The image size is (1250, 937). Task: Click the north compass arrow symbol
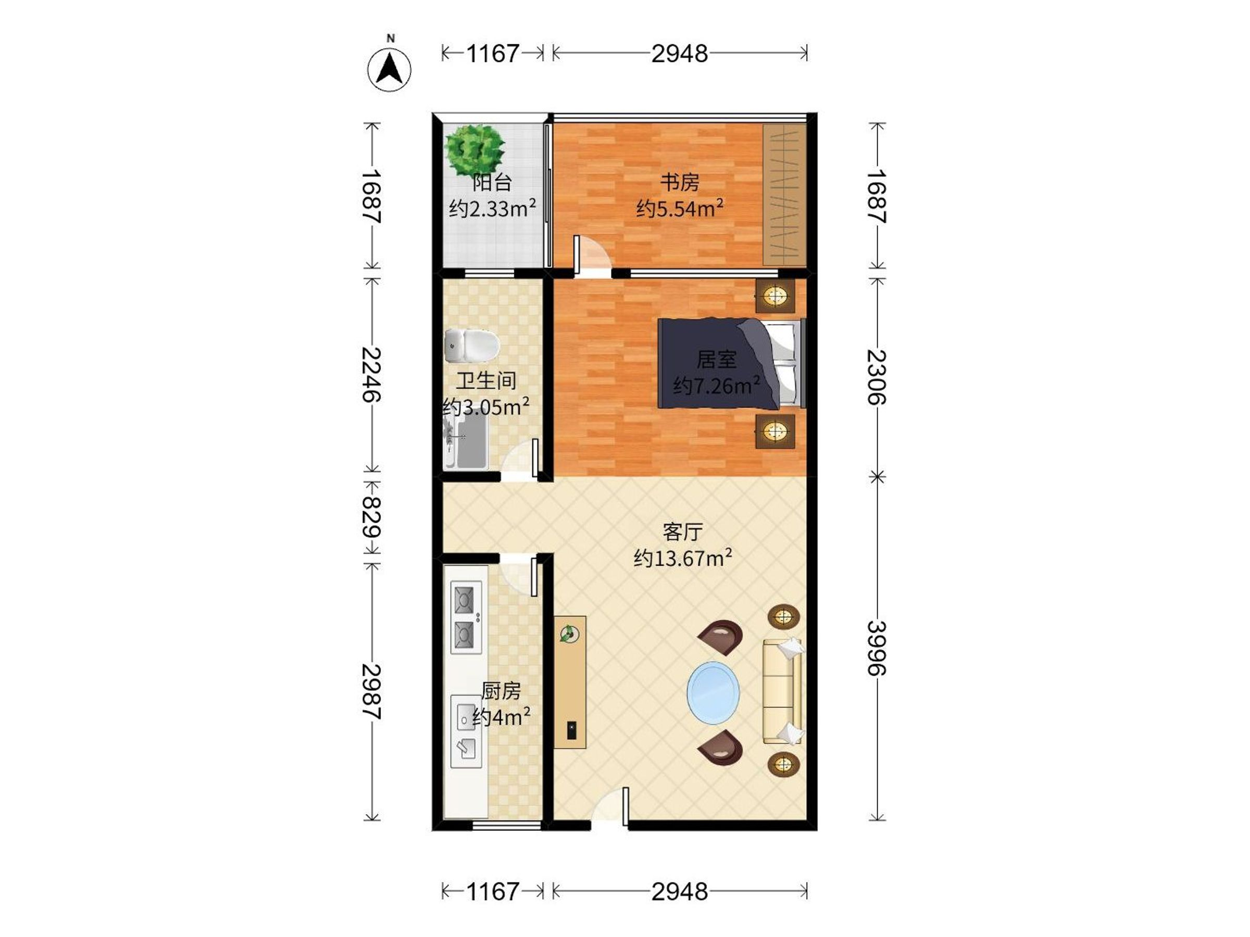click(x=390, y=69)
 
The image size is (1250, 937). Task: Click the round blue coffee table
click(x=713, y=693)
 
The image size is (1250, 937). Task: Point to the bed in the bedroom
click(x=731, y=363)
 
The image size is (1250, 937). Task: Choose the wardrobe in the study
click(x=784, y=195)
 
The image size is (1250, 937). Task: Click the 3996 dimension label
click(x=877, y=649)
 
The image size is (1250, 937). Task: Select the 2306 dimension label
click(x=877, y=377)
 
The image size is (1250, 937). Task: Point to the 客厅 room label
click(x=683, y=531)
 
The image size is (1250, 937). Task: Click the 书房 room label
click(x=680, y=182)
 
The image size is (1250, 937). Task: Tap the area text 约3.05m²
click(x=486, y=406)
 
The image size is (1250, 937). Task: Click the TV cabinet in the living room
click(x=570, y=682)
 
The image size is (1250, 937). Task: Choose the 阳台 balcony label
click(x=492, y=182)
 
